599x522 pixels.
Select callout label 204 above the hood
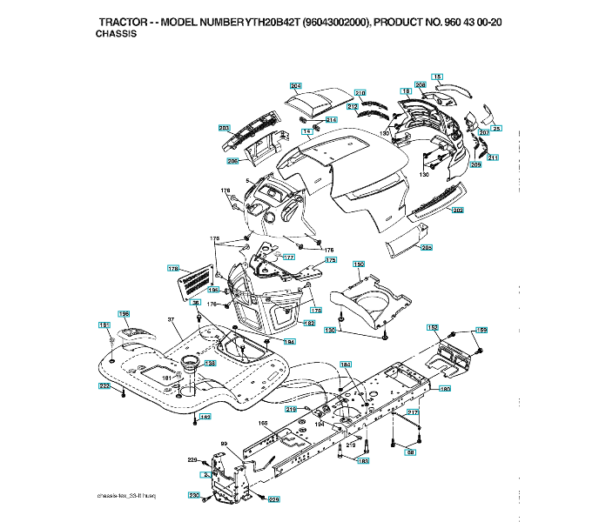click(x=296, y=85)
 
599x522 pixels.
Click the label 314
click(x=331, y=119)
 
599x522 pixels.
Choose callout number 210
click(x=360, y=92)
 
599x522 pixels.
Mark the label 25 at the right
click(x=497, y=128)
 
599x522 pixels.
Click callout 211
click(x=493, y=157)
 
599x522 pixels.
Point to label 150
click(x=358, y=263)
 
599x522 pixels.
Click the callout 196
click(x=125, y=313)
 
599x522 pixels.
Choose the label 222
click(x=104, y=385)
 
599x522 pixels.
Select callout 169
click(x=481, y=331)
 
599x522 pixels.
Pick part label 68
click(x=411, y=452)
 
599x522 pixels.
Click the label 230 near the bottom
click(x=194, y=495)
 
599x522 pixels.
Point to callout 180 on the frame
click(x=445, y=389)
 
